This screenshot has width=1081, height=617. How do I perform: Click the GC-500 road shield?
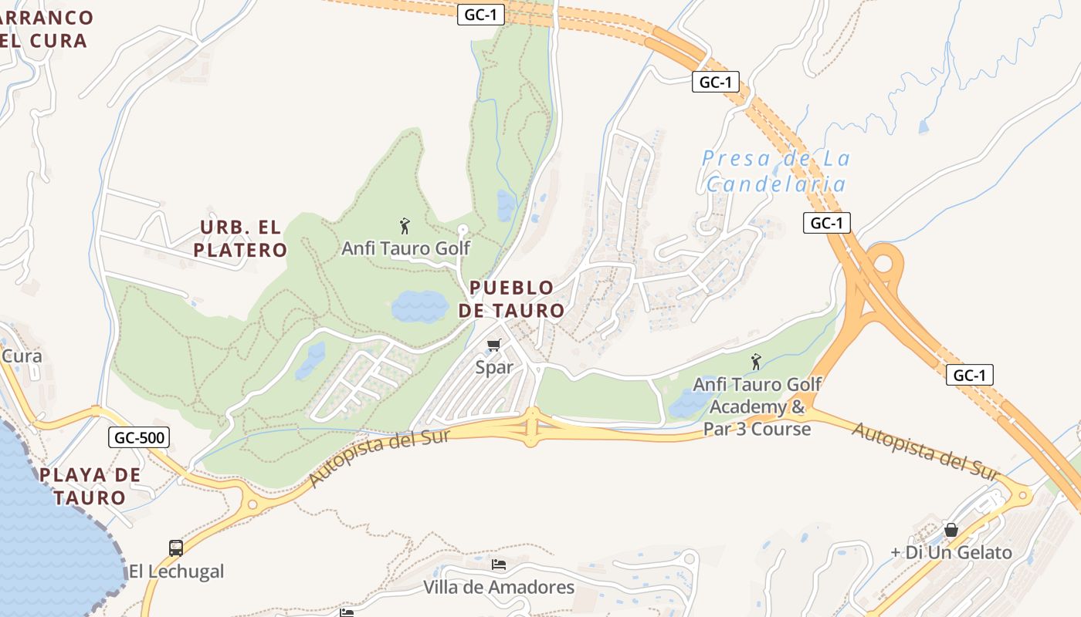pyautogui.click(x=138, y=438)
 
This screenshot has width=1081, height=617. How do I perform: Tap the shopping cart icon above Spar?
pyautogui.click(x=494, y=346)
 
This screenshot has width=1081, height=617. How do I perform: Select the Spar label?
pyautogui.click(x=494, y=367)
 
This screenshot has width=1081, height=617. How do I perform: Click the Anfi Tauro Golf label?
pyautogui.click(x=405, y=248)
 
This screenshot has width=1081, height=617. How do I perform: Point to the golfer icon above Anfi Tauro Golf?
pyautogui.click(x=405, y=226)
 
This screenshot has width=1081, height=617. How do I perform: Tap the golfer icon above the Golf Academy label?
pyautogui.click(x=756, y=362)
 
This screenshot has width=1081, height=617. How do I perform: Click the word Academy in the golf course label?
pyautogui.click(x=746, y=406)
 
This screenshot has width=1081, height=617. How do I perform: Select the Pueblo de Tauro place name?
pyautogui.click(x=511, y=299)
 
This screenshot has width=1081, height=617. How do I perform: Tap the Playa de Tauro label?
pyautogui.click(x=90, y=486)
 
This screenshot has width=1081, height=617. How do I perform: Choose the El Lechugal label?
pyautogui.click(x=176, y=571)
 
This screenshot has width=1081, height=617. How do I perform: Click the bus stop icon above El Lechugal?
pyautogui.click(x=176, y=548)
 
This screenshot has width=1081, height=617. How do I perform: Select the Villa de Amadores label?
pyautogui.click(x=499, y=588)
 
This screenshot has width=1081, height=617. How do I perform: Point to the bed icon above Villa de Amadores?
pyautogui.click(x=499, y=565)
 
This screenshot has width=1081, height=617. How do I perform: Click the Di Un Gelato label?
pyautogui.click(x=951, y=552)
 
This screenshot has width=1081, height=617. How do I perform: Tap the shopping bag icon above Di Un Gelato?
pyautogui.click(x=951, y=531)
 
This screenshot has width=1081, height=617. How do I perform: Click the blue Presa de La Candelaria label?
pyautogui.click(x=776, y=171)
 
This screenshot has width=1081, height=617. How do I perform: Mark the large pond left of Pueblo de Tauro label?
pyautogui.click(x=419, y=306)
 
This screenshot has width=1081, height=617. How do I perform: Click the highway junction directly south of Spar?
pyautogui.click(x=531, y=427)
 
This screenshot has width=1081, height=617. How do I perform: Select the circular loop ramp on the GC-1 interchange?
pyautogui.click(x=884, y=265)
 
